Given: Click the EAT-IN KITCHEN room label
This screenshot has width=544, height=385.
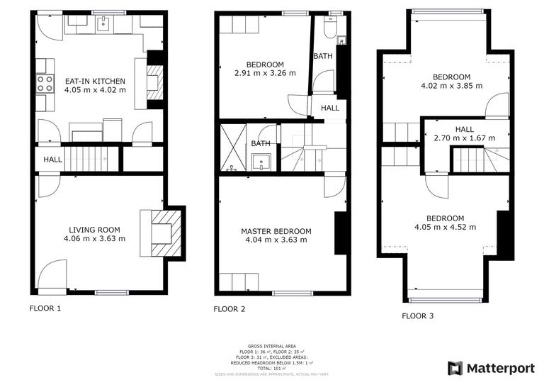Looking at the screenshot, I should pos(94,81).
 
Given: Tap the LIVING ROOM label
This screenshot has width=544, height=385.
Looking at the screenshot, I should pos(94,230).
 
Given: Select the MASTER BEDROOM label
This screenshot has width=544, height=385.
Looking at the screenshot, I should pos(276,231).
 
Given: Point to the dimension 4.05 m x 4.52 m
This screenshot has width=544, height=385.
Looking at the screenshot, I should pos(445,227).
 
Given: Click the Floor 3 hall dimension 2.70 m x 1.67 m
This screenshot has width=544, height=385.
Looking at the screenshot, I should pos(464,138).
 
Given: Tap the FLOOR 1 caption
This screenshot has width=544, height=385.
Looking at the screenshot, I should pos(45,308).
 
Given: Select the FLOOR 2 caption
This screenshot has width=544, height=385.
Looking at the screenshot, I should pos(229,308).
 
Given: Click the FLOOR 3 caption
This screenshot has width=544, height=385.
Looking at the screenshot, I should pos(417,316).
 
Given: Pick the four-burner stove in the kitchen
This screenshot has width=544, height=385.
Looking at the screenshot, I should pos(45,84).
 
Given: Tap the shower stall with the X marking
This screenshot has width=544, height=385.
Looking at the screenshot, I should pos(233,148).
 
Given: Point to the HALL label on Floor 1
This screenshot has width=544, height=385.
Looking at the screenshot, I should pos(52,160).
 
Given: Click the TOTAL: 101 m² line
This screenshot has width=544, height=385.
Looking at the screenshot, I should pos(272,367).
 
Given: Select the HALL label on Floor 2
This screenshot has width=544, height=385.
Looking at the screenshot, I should pos(330,108).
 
